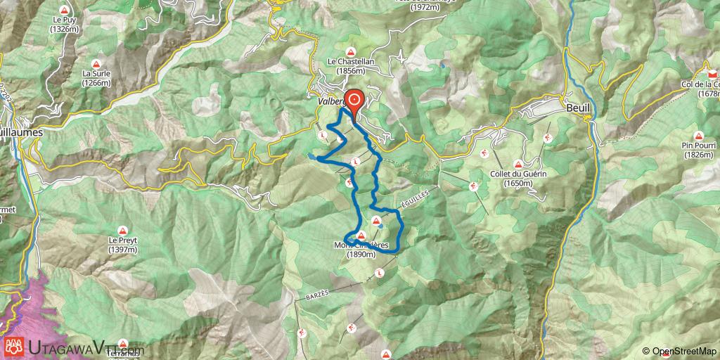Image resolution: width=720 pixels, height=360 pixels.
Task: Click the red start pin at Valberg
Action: [x=352, y=100]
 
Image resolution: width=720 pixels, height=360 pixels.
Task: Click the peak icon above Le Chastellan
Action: [x=351, y=51]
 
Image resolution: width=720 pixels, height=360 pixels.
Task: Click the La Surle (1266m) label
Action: [x=96, y=77]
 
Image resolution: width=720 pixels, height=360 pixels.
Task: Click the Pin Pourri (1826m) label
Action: [x=698, y=150]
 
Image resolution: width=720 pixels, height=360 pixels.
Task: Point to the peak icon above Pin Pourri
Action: [x=698, y=136]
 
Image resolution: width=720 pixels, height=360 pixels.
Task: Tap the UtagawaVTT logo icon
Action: [x=15, y=346]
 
